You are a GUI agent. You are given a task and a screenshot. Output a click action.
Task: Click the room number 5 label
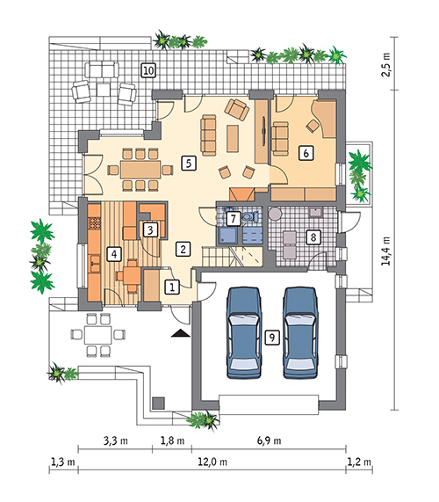click(x=189, y=164)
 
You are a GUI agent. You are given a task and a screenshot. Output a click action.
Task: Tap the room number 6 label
click(x=306, y=153)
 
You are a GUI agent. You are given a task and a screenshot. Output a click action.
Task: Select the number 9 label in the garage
click(x=272, y=338)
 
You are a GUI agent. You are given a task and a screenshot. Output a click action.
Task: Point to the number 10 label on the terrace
click(x=148, y=70)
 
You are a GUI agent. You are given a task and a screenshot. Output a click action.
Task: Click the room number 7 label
click(x=233, y=219)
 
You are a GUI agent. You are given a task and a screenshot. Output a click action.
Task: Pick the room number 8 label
click(x=313, y=237)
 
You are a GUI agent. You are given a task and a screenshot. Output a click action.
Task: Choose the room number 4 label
click(x=114, y=255)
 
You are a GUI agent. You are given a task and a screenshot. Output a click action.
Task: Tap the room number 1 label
click(x=172, y=287)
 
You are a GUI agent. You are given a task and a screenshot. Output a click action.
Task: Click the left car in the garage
click(x=243, y=332)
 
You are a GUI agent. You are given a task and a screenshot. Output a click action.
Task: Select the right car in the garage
click(x=300, y=332)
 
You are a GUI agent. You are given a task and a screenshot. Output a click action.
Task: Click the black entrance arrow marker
click(x=181, y=333)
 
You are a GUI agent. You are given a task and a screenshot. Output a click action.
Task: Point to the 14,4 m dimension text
click(x=386, y=251)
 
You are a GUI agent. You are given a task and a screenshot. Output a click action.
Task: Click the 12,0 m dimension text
click(x=212, y=462)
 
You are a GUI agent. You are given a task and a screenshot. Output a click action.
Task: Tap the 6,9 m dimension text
click(x=269, y=440)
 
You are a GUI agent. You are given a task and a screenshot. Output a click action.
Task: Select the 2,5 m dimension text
click(x=386, y=64)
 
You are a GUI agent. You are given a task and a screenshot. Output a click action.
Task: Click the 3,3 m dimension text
click(x=115, y=440)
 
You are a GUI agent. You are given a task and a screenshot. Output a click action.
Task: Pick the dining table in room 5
click(x=140, y=170)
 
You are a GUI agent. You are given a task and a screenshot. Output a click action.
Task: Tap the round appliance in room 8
click(x=275, y=214)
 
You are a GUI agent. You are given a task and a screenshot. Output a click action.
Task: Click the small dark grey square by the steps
click(x=158, y=404)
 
